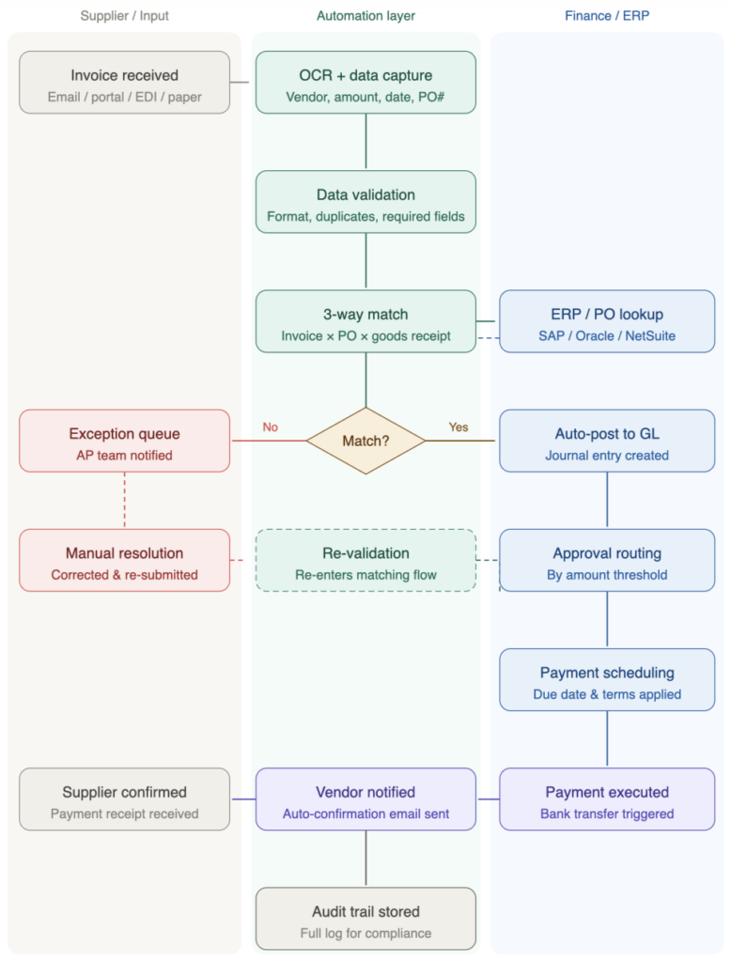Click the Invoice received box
point(124,83)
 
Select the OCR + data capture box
point(365,83)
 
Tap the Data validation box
point(365,202)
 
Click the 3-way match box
point(365,321)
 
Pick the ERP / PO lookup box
point(607,321)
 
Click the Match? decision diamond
point(365,441)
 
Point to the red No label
point(271,427)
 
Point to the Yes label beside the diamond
point(459,427)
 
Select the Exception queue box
point(124,441)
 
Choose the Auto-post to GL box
point(607,441)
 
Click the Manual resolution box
point(124,560)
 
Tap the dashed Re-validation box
point(365,560)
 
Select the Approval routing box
point(607,560)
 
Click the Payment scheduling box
point(607,679)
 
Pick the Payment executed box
point(607,799)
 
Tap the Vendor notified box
point(365,799)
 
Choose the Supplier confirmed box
point(124,799)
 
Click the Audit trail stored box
point(365,919)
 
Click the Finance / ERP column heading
point(607,16)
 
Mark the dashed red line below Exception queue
point(124,500)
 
